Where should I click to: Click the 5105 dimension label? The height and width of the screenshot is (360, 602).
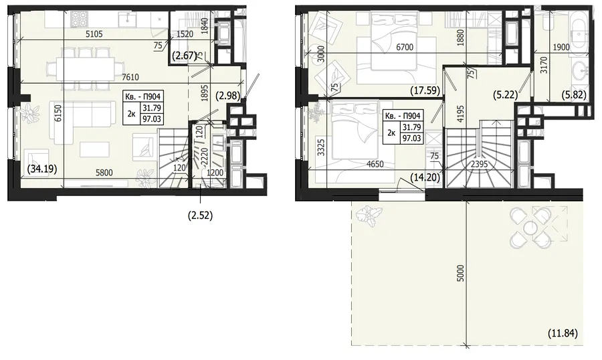click(x=94, y=34)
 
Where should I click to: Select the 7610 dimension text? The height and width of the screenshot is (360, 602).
click(x=130, y=77)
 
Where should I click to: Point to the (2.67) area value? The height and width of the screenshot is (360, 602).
click(x=185, y=56)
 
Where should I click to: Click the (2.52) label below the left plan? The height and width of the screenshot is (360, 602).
click(x=200, y=215)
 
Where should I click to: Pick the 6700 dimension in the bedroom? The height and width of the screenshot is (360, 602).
click(x=405, y=48)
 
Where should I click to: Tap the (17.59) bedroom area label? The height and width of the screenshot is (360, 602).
click(x=425, y=91)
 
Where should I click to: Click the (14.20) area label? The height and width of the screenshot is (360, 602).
click(x=425, y=177)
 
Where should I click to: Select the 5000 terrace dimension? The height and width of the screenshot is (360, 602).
click(x=461, y=273)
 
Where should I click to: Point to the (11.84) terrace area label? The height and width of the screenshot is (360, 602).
click(x=563, y=333)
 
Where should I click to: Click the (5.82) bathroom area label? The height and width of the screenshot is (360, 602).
click(x=574, y=94)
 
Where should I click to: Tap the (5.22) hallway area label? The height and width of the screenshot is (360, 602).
click(x=505, y=94)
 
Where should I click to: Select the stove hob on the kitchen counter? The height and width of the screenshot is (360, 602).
click(x=80, y=17)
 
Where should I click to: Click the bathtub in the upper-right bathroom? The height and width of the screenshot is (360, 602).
click(x=577, y=31)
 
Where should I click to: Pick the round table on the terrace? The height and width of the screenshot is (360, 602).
click(x=530, y=227)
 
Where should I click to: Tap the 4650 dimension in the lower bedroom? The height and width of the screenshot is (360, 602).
click(x=375, y=164)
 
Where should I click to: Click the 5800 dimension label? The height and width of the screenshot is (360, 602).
click(x=104, y=173)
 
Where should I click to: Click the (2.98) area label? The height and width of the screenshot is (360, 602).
click(x=228, y=94)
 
